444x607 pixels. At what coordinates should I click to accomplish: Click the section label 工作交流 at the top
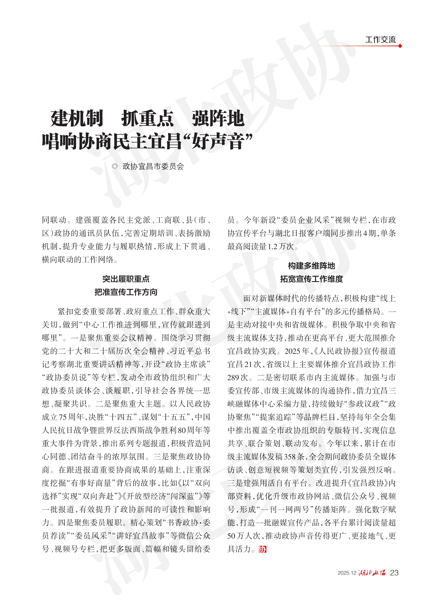coord(380,40)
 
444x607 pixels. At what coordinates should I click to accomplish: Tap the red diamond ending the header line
coord(400,46)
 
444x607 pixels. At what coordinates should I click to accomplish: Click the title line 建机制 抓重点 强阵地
coord(147,118)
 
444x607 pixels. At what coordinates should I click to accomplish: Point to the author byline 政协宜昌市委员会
coord(153,166)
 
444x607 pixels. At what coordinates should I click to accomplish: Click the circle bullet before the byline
coord(115,166)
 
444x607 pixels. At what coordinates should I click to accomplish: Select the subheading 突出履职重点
coord(126,279)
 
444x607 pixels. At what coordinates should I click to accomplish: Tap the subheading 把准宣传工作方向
coord(126,292)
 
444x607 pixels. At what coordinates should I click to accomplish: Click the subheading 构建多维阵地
coord(311,266)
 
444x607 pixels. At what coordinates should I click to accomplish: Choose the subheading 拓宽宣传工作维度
coord(311,279)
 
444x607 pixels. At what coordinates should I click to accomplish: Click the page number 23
coord(394,573)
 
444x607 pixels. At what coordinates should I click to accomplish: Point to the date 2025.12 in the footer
coord(347,573)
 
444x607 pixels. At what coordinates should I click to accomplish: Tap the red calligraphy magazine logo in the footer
coord(372,573)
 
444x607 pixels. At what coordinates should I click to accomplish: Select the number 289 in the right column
coord(233,378)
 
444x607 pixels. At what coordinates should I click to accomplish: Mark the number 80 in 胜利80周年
coord(182,430)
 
